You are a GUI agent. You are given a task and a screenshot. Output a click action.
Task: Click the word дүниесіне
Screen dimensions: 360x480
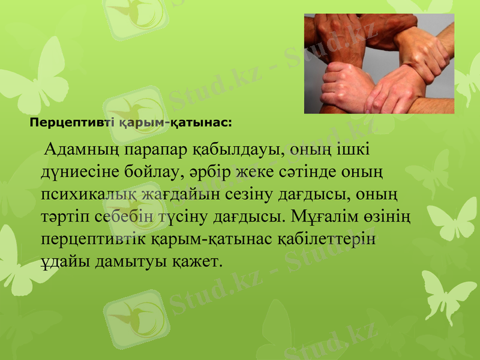tap(80, 172)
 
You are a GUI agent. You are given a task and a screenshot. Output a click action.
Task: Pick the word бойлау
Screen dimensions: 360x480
tap(152, 172)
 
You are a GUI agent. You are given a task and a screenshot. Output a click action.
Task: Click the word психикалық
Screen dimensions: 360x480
tap(89, 194)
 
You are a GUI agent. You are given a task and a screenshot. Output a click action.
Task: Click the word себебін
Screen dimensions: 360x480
tap(125, 216)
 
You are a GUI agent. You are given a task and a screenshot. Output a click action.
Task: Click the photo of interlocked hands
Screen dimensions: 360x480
tap(379, 64)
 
